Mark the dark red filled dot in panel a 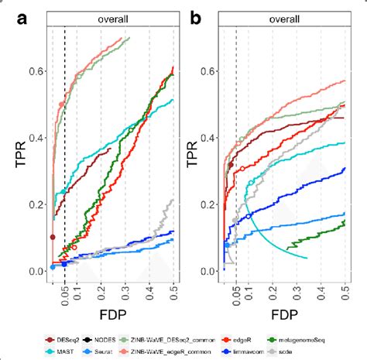53,237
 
